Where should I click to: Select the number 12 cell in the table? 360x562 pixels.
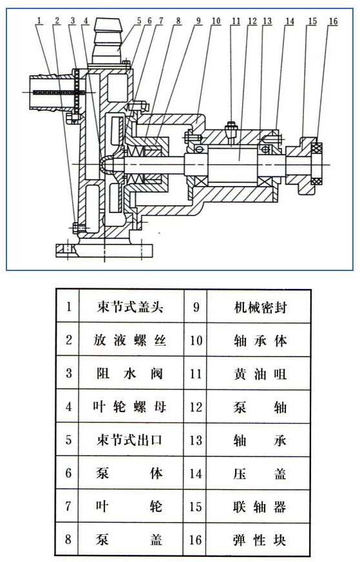pyautogui.click(x=196, y=407)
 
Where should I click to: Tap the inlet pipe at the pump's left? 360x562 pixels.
pyautogui.click(x=48, y=93)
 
